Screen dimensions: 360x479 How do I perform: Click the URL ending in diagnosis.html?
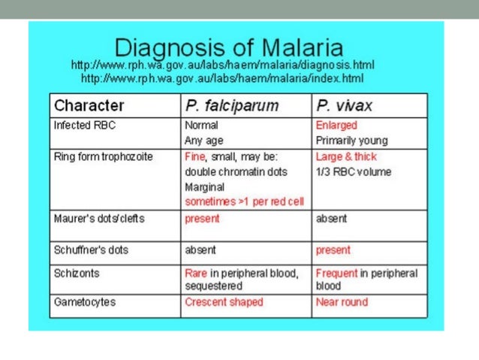coord(222,65)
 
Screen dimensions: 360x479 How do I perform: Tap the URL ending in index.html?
coord(222,78)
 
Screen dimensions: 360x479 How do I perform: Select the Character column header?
coord(89,105)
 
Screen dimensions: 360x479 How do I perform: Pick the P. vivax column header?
coord(345,105)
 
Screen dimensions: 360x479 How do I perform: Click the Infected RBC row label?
coord(85,126)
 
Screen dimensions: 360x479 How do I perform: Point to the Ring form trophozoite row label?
coord(103,157)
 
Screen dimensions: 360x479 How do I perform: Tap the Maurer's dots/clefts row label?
coord(99,219)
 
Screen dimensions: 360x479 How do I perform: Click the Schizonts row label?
coord(77,273)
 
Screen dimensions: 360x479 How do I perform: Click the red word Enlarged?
coord(336,126)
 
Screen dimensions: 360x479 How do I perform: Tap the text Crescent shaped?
coord(224,302)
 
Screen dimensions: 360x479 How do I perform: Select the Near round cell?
coord(342,302)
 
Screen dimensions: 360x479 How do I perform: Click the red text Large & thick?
coord(346,157)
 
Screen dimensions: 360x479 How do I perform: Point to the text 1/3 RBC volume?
coord(354,172)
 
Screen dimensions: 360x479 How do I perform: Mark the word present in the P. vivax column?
coord(333,250)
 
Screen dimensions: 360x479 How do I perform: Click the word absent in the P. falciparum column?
coord(200,250)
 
